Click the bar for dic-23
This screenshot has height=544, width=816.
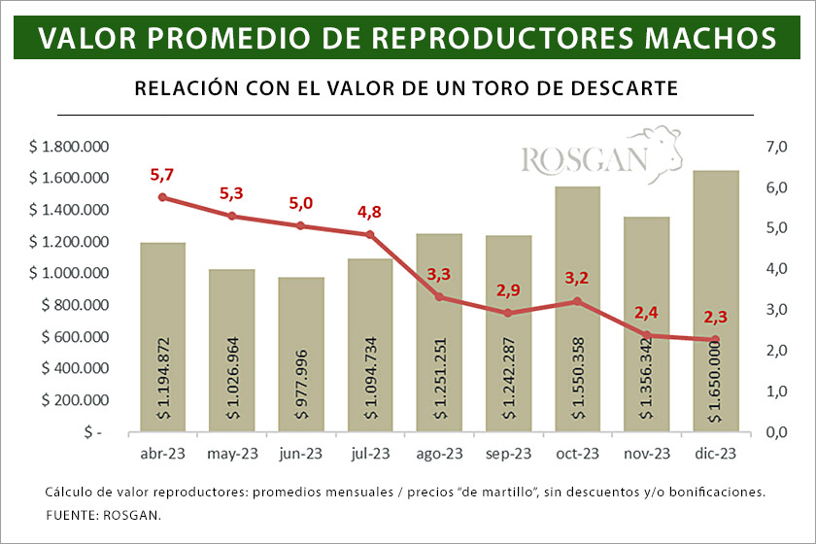[x=716, y=301]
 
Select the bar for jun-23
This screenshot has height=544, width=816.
[x=301, y=355]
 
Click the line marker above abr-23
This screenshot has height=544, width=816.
[x=162, y=197]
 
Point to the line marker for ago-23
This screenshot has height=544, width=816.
[x=439, y=296]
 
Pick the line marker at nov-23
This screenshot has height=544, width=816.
[x=646, y=335]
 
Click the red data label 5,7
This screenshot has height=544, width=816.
[x=161, y=175]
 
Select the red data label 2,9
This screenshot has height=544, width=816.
[x=508, y=290]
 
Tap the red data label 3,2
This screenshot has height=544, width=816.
[x=577, y=280]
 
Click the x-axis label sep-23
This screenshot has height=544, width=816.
[x=508, y=453]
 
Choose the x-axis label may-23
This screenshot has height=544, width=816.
[x=231, y=453]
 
